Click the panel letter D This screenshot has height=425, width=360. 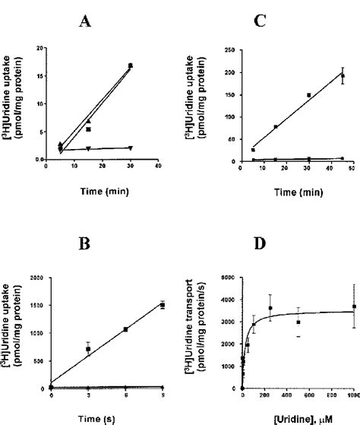pos(283,223)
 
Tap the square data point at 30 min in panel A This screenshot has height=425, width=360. pos(131,66)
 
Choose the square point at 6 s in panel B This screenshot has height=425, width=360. pos(125,329)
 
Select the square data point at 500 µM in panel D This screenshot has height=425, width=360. pos(298,322)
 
